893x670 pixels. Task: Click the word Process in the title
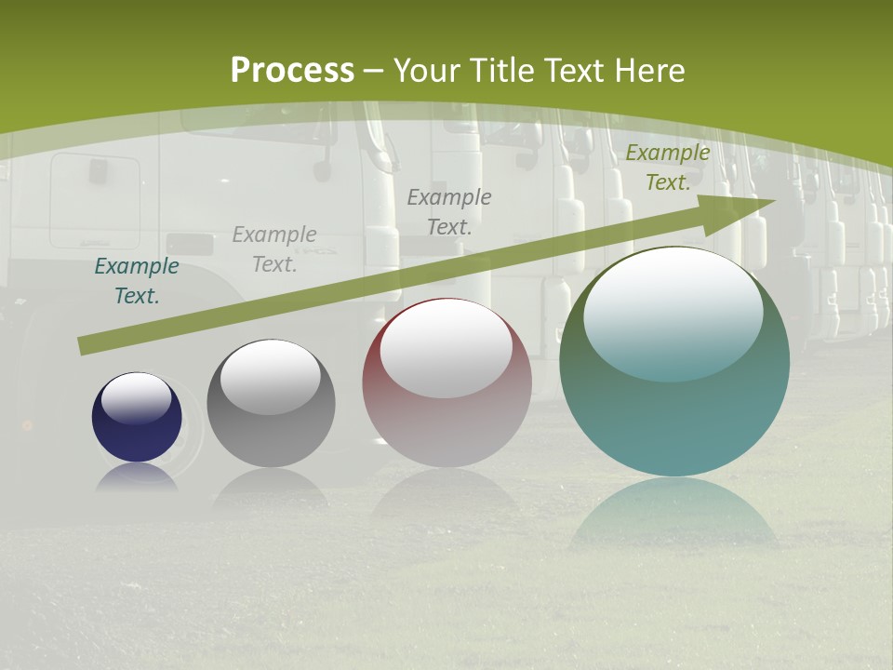click(292, 71)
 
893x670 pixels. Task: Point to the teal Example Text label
click(137, 281)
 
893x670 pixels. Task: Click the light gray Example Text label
click(274, 249)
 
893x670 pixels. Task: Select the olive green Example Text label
click(667, 167)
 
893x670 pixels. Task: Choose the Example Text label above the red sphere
click(449, 211)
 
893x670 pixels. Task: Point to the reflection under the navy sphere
click(137, 478)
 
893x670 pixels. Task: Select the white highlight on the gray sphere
click(270, 376)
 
